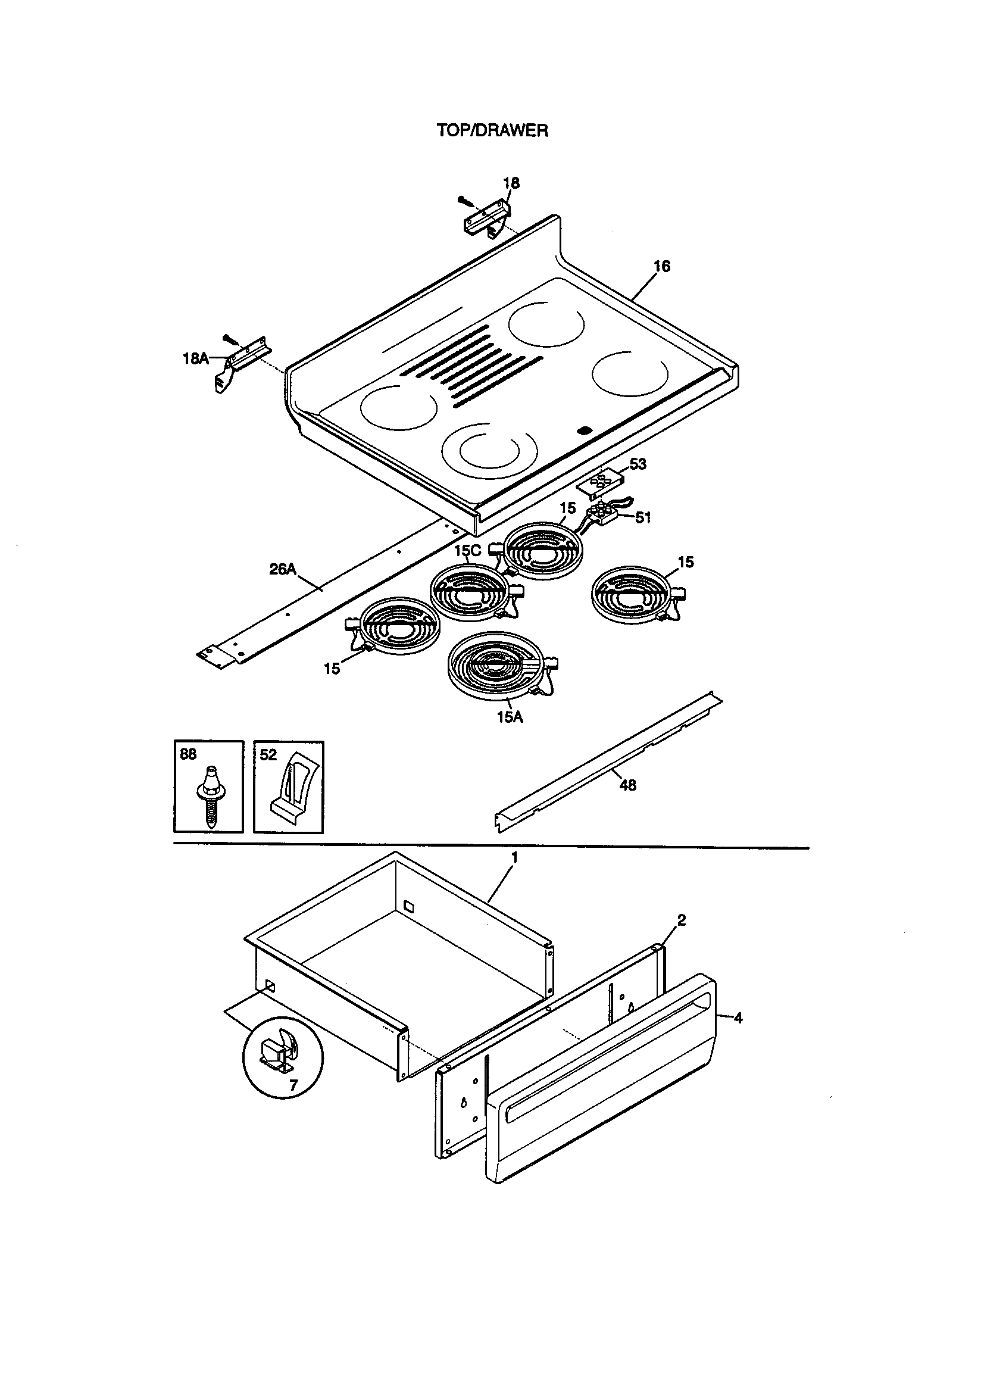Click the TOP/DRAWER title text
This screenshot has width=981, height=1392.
point(492,130)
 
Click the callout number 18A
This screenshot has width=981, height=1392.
point(195,358)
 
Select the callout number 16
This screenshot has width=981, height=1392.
point(662,266)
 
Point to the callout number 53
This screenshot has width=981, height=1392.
point(638,464)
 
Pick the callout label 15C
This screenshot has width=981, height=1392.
point(467,551)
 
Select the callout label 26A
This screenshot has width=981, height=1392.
point(283,569)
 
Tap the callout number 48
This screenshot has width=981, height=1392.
point(627,785)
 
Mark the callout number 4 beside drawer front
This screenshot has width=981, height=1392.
point(738,1018)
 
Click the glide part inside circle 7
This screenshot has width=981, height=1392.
point(277,1053)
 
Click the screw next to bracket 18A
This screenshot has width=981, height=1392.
point(229,337)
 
